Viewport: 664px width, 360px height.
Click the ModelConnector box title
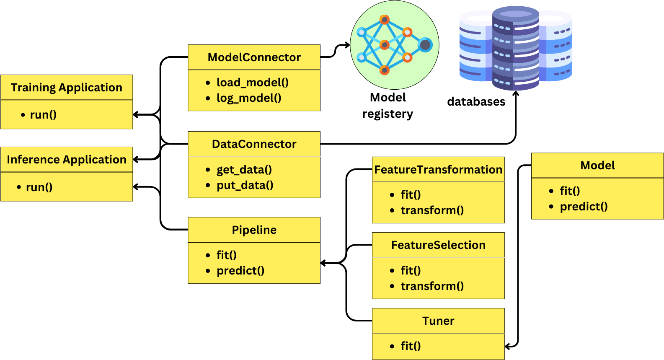pyautogui.click(x=254, y=57)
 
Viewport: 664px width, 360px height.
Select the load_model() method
pyautogui.click(x=252, y=83)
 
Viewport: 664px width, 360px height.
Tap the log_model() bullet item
pyautogui.click(x=248, y=98)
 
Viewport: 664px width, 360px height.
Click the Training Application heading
pyautogui.click(x=67, y=88)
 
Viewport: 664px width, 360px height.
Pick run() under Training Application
pyautogui.click(x=43, y=115)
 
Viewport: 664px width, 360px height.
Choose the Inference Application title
pyautogui.click(x=67, y=160)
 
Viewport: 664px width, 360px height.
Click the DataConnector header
pyautogui.click(x=254, y=144)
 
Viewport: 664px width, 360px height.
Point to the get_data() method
pyautogui.click(x=244, y=170)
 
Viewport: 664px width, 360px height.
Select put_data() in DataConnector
pyautogui.click(x=245, y=185)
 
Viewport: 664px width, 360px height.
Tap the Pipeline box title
pyautogui.click(x=254, y=230)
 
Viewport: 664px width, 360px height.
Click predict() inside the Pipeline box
pyautogui.click(x=240, y=271)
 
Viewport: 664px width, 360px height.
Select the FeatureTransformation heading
pyautogui.click(x=438, y=170)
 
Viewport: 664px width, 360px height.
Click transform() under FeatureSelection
pyautogui.click(x=432, y=286)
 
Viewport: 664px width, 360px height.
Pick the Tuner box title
pyautogui.click(x=438, y=321)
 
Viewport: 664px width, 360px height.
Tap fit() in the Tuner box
pyautogui.click(x=410, y=346)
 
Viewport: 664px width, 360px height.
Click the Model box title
pyautogui.click(x=597, y=166)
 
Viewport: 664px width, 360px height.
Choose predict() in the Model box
pyautogui.click(x=584, y=207)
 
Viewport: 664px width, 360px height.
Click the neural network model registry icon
pyautogui.click(x=394, y=45)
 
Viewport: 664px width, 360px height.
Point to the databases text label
pyautogui.click(x=476, y=102)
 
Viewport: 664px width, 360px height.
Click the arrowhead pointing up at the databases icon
pyautogui.click(x=516, y=93)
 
